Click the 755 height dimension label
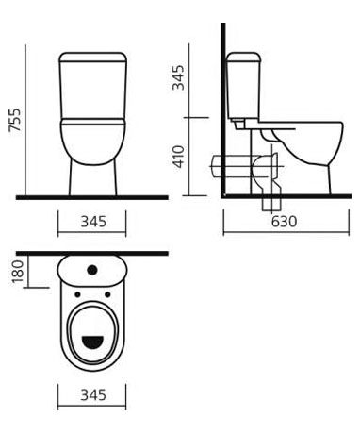tap(15, 120)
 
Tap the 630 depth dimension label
tap(284, 222)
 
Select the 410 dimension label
tap(179, 157)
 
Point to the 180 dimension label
tap(18, 272)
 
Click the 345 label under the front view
tap(93, 222)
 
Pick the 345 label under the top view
tap(93, 394)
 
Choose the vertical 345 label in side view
tap(179, 77)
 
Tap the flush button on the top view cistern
tap(92, 270)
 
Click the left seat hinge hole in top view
tap(77, 294)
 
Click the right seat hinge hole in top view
tap(107, 294)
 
